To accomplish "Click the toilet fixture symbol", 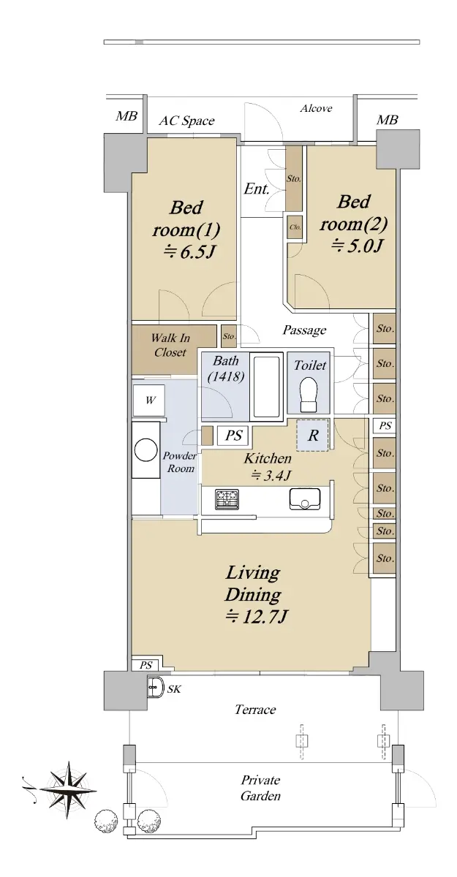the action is [x=308, y=394].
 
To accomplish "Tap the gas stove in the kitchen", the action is [x=227, y=499].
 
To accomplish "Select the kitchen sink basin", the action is [x=305, y=499].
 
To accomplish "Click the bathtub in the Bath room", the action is [x=267, y=386].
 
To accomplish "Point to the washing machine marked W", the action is [x=149, y=400].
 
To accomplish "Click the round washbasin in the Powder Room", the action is [x=146, y=450].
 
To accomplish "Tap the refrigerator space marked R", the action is [x=312, y=436].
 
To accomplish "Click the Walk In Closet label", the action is [x=170, y=345].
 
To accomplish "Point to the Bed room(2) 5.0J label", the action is [x=353, y=224].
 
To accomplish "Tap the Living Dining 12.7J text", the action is [x=253, y=594].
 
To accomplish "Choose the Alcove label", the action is [x=316, y=108].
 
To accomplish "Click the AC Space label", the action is [x=186, y=121].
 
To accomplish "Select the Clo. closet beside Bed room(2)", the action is [x=295, y=227].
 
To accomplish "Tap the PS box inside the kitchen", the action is [x=233, y=436].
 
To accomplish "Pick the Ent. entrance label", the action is [x=257, y=189].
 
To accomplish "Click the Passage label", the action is [x=304, y=330].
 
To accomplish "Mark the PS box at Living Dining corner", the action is [x=146, y=665].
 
